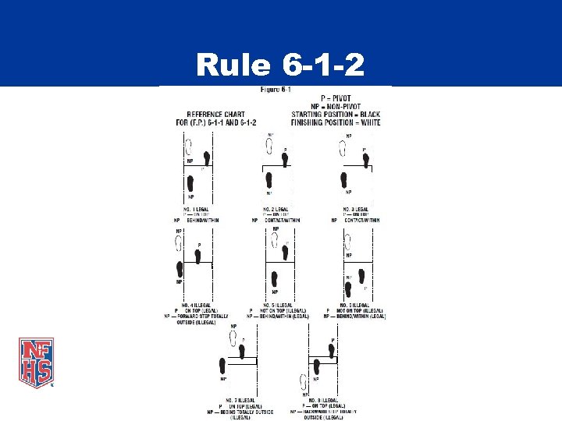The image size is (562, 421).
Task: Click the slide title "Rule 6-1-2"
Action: [x=280, y=65]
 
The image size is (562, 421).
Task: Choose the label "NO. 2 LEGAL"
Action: [x=275, y=210]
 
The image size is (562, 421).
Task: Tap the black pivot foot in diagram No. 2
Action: [x=285, y=159]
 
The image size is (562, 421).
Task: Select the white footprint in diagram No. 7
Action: [x=233, y=338]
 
